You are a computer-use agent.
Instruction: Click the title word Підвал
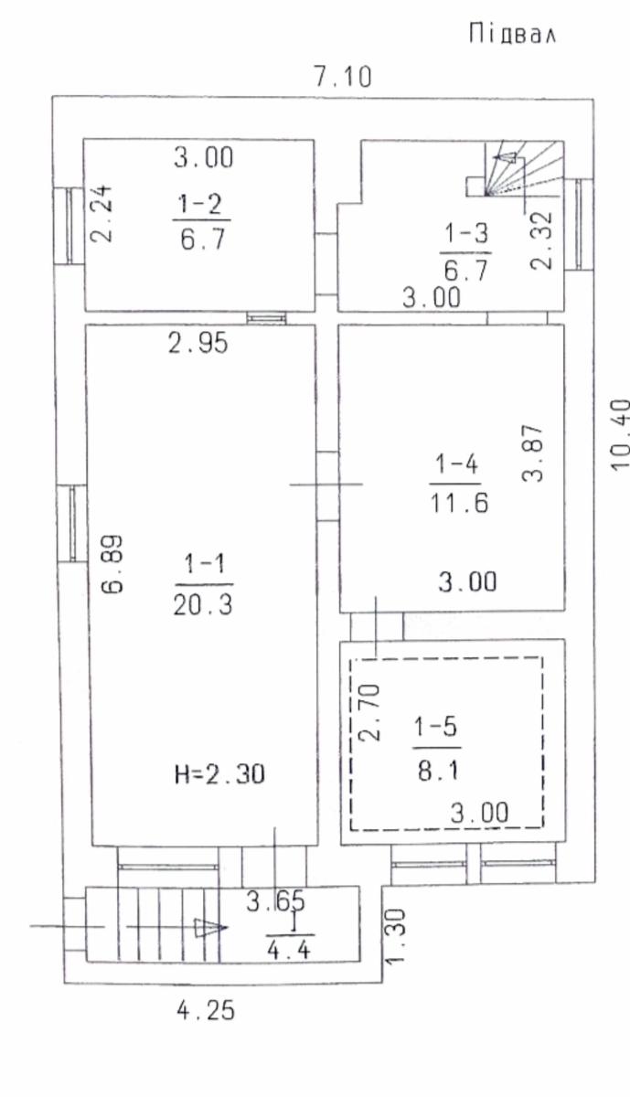point(512,34)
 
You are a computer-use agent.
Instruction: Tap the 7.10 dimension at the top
point(343,77)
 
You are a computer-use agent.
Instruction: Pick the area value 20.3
point(203,605)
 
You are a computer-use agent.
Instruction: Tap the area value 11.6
point(460,503)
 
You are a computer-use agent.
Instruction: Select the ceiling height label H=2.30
point(220,774)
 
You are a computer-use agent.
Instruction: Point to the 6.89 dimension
point(112,564)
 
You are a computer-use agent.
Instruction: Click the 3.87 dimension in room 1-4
point(532,453)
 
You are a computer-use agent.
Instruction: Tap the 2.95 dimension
point(198,343)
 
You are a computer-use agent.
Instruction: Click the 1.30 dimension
point(395,936)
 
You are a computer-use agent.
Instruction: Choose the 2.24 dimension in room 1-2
point(101,214)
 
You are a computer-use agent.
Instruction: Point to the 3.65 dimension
point(275,901)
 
